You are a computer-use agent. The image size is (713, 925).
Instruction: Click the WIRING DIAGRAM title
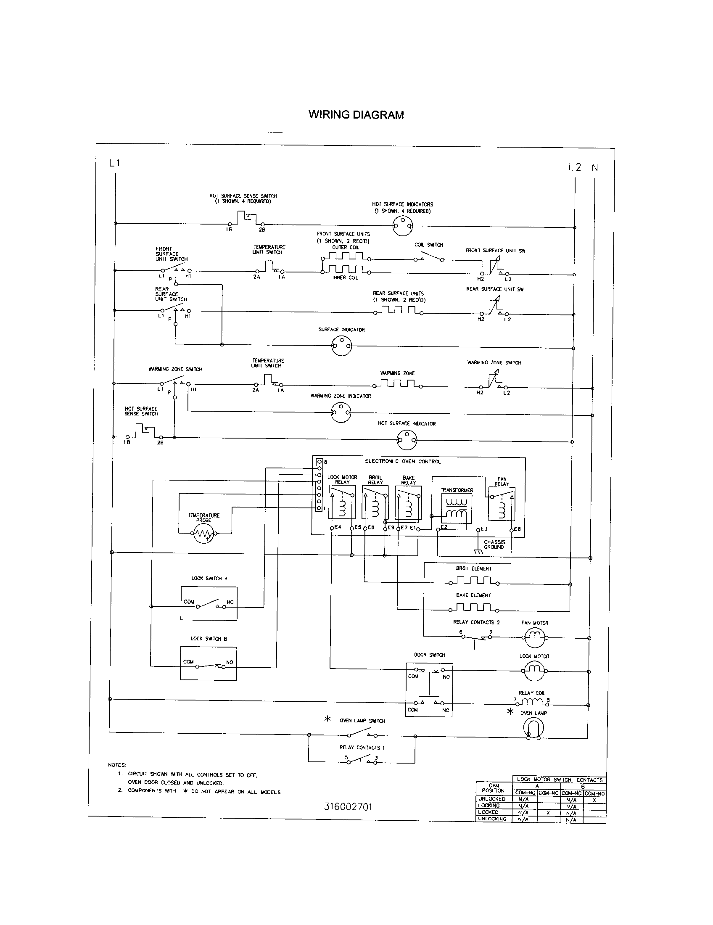tap(356, 115)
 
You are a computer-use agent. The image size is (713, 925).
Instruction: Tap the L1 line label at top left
tap(115, 163)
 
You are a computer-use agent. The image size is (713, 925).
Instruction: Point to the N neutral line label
tap(595, 168)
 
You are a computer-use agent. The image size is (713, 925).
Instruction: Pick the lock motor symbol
tap(534, 670)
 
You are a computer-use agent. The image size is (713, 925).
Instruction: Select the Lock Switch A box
tap(209, 603)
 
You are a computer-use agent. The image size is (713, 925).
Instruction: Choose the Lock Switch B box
tap(209, 663)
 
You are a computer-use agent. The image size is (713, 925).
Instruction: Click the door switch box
tap(429, 690)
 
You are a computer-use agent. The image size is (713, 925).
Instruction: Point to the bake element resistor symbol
tap(473, 608)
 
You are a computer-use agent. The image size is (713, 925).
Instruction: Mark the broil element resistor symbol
tap(473, 581)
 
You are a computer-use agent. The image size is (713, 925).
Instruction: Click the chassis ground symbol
tap(478, 551)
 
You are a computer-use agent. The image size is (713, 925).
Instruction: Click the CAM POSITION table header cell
tap(493, 788)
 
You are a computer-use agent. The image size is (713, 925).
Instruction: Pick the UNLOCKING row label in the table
tap(492, 819)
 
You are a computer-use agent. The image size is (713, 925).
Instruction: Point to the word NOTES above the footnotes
tap(117, 765)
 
